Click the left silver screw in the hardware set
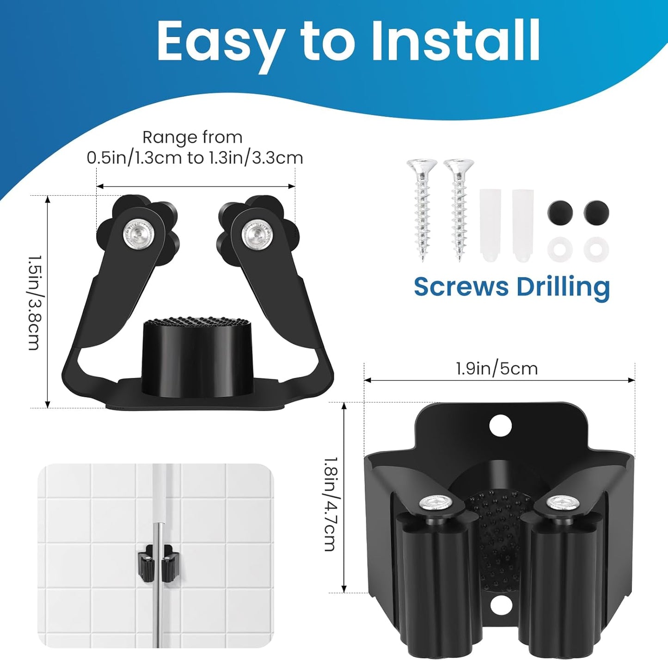(422, 208)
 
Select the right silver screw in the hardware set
(459, 208)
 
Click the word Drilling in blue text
(563, 287)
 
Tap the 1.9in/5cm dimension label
(497, 369)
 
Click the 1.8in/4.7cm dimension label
(330, 504)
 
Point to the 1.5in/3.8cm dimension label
(35, 303)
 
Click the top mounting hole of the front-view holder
(500, 425)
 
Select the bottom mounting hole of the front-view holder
(500, 605)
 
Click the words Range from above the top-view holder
(192, 137)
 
